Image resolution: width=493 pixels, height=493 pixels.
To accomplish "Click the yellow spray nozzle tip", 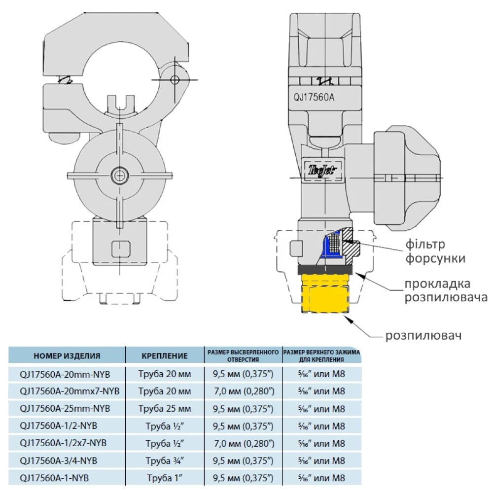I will [325, 294].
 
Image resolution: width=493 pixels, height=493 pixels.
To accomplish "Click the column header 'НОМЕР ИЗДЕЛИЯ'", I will [67, 355].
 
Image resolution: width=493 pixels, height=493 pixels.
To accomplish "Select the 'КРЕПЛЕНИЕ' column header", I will [165, 355].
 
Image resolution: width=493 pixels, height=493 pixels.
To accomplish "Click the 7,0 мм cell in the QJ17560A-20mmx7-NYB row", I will [243, 391].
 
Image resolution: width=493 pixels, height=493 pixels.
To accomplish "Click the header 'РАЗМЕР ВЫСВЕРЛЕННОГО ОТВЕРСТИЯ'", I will [243, 355].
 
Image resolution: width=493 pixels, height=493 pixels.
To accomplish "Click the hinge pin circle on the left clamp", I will [175, 80].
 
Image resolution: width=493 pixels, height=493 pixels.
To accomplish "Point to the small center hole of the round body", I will [119, 175].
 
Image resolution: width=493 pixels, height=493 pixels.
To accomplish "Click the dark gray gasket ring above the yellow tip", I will [325, 270].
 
